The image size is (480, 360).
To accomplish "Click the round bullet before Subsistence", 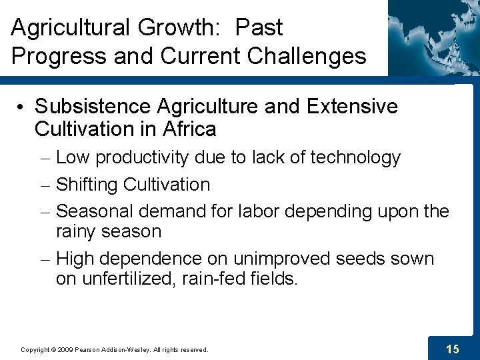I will click(22, 107).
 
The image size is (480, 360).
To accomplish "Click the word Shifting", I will click(86, 185).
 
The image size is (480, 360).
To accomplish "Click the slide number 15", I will click(452, 349).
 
